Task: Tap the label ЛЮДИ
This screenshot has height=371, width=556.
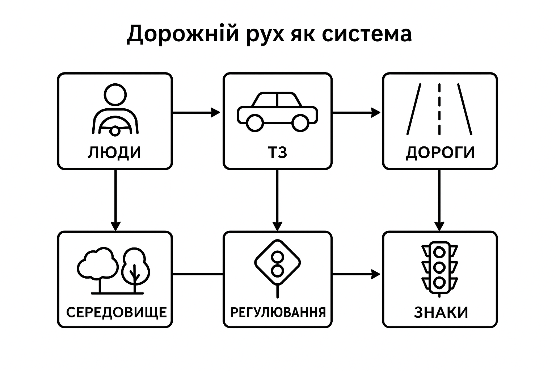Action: [x=114, y=153]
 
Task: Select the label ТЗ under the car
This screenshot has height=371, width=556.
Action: [x=277, y=153]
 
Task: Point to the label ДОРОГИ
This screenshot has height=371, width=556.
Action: [x=440, y=153]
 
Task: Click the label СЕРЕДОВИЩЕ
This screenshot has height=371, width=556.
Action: [x=117, y=312]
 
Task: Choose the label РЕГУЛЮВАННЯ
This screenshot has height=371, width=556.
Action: [x=278, y=312]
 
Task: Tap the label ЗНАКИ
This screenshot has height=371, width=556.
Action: [x=441, y=312]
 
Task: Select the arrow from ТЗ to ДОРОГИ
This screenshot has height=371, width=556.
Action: [x=357, y=113]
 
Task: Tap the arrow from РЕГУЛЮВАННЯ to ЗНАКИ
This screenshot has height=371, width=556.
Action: [x=357, y=274]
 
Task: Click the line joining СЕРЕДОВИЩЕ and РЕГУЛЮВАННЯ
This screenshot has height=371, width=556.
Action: [x=198, y=274]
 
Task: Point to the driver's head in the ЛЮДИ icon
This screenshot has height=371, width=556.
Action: [x=115, y=94]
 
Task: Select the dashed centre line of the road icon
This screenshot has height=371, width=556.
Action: [x=439, y=109]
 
